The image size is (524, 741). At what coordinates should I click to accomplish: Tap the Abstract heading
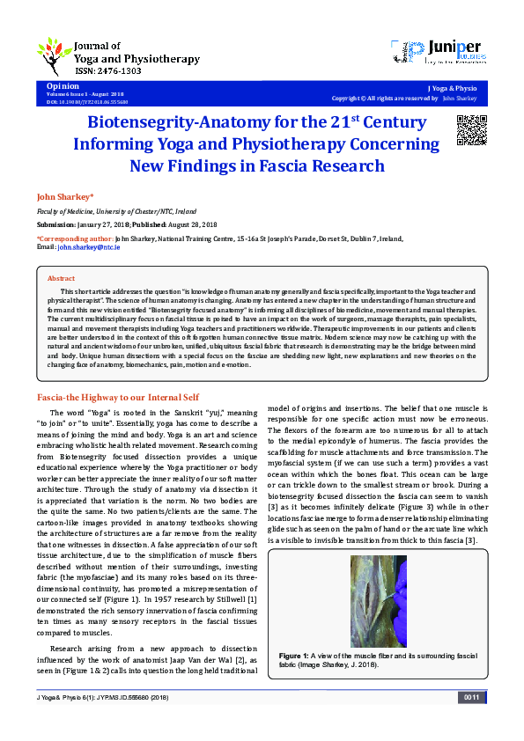coord(61,277)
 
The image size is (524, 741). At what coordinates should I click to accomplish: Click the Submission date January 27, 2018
coord(108,225)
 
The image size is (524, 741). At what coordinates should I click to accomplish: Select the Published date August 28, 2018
coord(224,225)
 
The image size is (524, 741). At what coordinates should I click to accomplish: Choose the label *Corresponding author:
coord(74,238)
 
